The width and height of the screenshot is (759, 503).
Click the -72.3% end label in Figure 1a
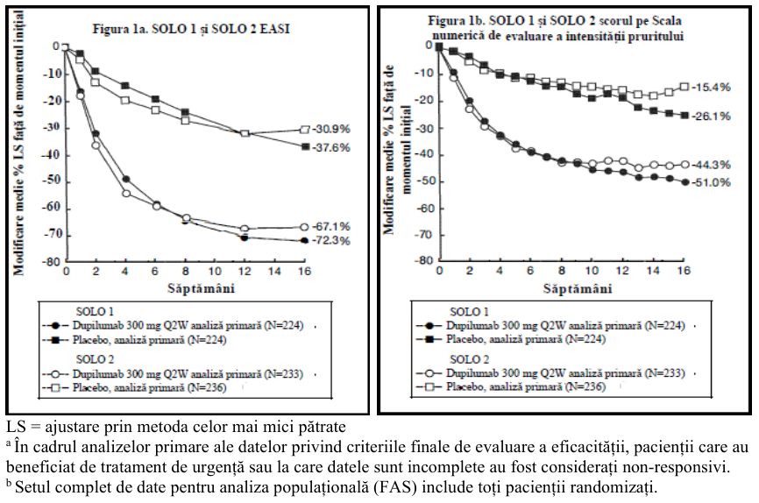331,241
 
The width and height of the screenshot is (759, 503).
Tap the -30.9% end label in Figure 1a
331,130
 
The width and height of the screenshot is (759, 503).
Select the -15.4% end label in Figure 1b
711,88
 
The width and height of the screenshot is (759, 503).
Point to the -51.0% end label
711,182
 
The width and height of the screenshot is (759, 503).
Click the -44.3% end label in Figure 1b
711,165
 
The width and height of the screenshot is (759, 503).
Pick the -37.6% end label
331,147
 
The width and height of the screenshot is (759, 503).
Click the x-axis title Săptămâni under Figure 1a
201,289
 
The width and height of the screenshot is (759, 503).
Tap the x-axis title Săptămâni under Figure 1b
578,289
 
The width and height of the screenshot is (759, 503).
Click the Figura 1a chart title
191,29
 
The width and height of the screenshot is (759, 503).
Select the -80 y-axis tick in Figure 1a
51,261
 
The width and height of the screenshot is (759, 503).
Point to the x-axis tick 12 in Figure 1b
622,270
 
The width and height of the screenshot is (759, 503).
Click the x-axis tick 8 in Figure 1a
185,271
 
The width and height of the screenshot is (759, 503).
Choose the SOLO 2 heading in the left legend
95,359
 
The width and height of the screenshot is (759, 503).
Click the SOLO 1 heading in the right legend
469,311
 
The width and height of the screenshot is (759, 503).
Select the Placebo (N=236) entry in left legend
150,388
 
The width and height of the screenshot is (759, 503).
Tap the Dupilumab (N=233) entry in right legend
565,373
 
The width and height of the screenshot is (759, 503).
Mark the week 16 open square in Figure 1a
304,130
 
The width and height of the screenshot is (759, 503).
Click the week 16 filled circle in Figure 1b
685,182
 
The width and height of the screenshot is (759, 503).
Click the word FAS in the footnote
401,487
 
